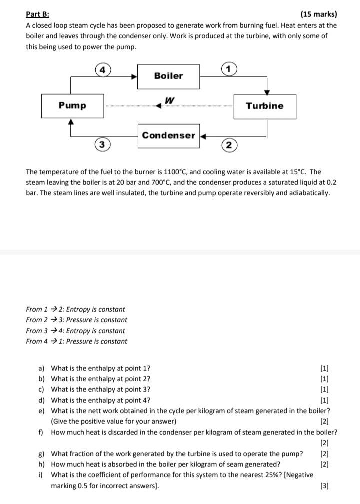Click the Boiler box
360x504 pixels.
click(x=168, y=76)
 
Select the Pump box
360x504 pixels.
click(x=72, y=106)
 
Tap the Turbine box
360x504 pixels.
click(x=264, y=106)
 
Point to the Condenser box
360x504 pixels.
click(x=168, y=135)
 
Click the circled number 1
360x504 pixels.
click(x=228, y=69)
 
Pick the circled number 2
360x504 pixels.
click(x=228, y=145)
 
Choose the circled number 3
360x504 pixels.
click(x=101, y=145)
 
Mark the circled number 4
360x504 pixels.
click(x=101, y=70)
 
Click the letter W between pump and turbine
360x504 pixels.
click(x=170, y=100)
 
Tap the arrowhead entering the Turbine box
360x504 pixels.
click(x=267, y=92)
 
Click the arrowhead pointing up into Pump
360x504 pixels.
click(x=71, y=121)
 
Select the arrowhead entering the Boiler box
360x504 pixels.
click(x=134, y=77)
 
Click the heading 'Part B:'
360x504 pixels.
click(x=38, y=14)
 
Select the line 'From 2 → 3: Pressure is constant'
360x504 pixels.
click(x=76, y=320)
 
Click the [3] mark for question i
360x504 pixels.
click(x=324, y=486)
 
